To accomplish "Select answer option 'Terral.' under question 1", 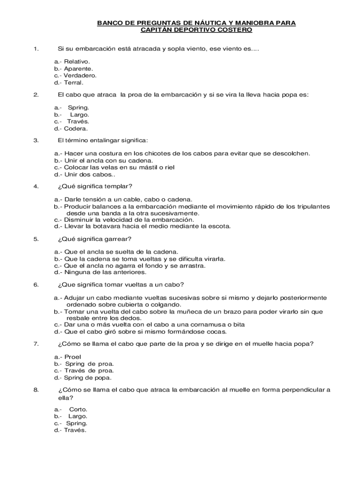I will coord(73,82).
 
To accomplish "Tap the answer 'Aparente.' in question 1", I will coord(78,68).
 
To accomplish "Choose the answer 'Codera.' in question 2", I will coord(76,129).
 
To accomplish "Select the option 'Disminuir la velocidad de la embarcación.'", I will coord(129,219).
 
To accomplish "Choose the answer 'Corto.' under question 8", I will coord(78,409).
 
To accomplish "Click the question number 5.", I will coord(36,239).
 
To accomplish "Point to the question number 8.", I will coord(36,390).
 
